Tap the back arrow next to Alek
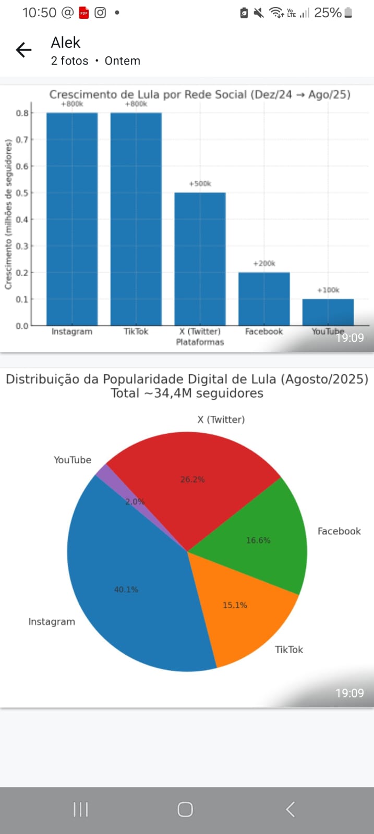[23, 50]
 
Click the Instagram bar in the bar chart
[72, 219]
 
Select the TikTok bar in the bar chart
[136, 219]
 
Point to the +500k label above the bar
[200, 184]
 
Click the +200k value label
[264, 264]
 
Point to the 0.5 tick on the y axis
[22, 193]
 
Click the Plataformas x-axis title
[200, 342]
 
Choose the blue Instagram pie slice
[125, 589]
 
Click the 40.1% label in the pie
[126, 590]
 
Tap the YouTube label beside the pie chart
[73, 460]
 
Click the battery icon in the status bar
[348, 13]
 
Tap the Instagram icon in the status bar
[100, 13]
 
